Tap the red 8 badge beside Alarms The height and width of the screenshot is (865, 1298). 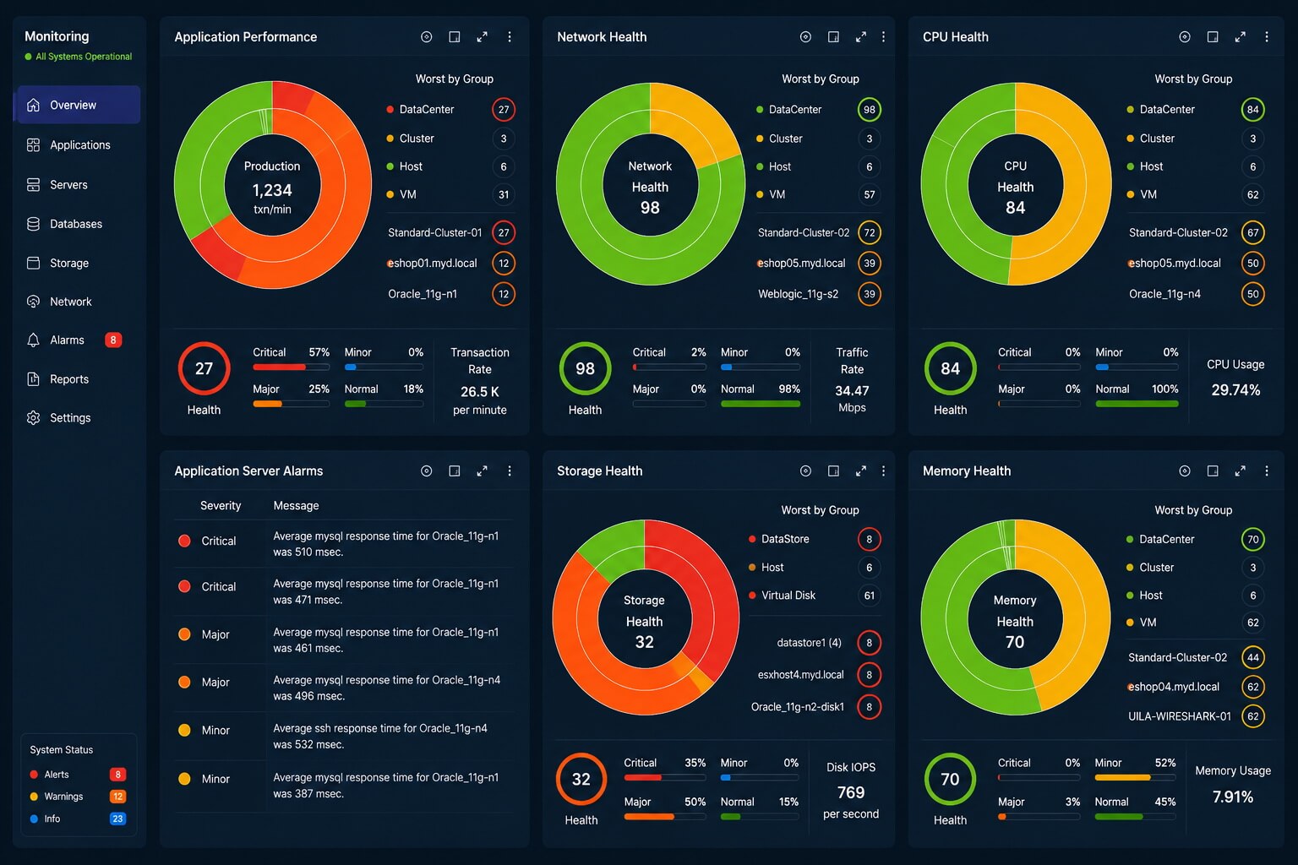pyautogui.click(x=113, y=340)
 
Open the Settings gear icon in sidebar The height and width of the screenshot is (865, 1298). pyautogui.click(x=34, y=418)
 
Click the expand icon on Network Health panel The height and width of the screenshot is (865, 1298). pyautogui.click(x=861, y=37)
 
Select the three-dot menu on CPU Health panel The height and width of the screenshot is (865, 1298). pyautogui.click(x=1267, y=37)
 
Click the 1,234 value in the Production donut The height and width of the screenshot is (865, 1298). pyautogui.click(x=272, y=190)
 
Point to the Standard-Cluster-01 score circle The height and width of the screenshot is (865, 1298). pyautogui.click(x=504, y=232)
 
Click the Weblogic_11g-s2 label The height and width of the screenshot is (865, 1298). pyautogui.click(x=798, y=294)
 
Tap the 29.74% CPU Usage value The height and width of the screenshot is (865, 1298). pyautogui.click(x=1235, y=390)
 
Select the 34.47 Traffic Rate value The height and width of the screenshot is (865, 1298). pyautogui.click(x=852, y=391)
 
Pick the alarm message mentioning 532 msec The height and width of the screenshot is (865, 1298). pyautogui.click(x=380, y=737)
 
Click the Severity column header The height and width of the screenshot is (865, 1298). pyautogui.click(x=221, y=506)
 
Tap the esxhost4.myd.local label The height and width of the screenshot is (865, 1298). pyautogui.click(x=801, y=675)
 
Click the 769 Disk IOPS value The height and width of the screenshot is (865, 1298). pyautogui.click(x=851, y=792)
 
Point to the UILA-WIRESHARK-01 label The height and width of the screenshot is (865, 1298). pyautogui.click(x=1179, y=716)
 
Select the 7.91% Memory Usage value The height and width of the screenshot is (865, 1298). pyautogui.click(x=1233, y=797)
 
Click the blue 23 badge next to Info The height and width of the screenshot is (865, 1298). pyautogui.click(x=117, y=819)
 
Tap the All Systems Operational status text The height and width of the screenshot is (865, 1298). pyautogui.click(x=84, y=57)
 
